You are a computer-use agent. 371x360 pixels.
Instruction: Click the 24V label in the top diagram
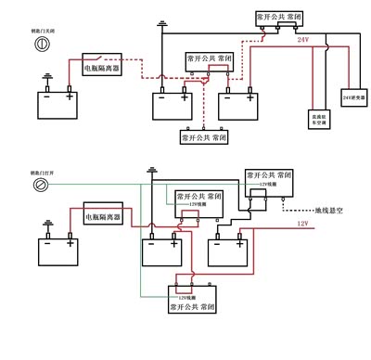302,41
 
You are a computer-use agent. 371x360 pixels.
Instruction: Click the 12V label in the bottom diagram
302,224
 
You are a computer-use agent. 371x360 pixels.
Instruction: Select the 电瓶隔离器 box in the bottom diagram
103,215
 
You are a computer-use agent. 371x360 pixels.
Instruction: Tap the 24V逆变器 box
353,96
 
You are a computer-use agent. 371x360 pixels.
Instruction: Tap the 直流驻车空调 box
318,118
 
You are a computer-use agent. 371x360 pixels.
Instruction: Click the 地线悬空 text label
329,209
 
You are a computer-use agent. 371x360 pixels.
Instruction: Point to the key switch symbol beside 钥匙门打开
42,186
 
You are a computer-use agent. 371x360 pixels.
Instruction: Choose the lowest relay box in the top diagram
204,136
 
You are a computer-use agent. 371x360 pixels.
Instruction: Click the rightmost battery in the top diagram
237,107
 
